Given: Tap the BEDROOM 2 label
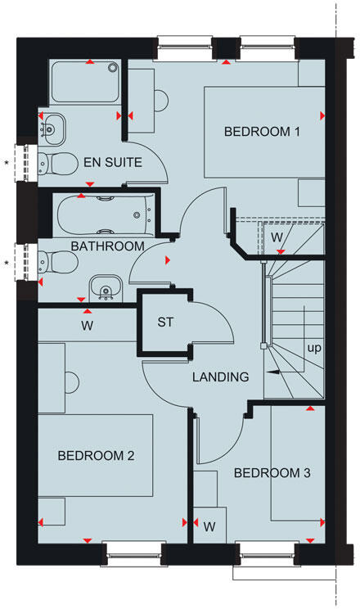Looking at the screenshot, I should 96,456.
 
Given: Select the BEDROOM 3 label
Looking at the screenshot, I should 272,472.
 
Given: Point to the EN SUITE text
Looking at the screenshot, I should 113,162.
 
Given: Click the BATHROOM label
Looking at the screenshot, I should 107,246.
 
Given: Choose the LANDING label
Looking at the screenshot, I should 220,377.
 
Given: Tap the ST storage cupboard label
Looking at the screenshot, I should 166,322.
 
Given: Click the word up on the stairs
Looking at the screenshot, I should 314,347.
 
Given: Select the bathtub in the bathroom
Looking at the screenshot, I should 104,215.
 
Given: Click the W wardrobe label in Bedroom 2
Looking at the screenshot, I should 87,326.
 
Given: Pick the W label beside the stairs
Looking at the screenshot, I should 277,237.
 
